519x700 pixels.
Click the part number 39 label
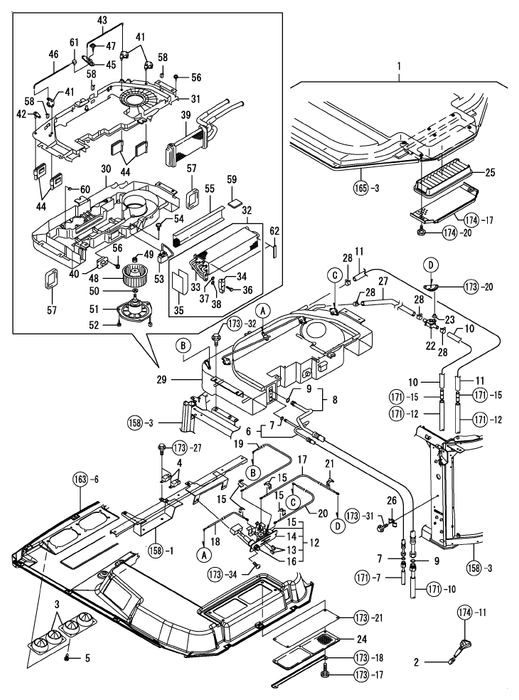pos(186,116)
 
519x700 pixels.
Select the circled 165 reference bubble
pos(361,188)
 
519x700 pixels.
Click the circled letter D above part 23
pos(431,265)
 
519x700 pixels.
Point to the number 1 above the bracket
pos(399,67)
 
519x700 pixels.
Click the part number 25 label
pos(490,173)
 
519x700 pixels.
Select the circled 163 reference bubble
pos(80,480)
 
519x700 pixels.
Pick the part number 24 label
pos(361,639)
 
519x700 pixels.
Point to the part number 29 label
pos(162,380)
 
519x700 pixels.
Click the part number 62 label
pos(274,232)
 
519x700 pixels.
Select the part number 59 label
pos(232,180)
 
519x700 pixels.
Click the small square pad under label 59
pos(234,203)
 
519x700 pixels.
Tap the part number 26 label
pos(391,502)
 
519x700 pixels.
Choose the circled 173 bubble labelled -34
pos(216,574)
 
